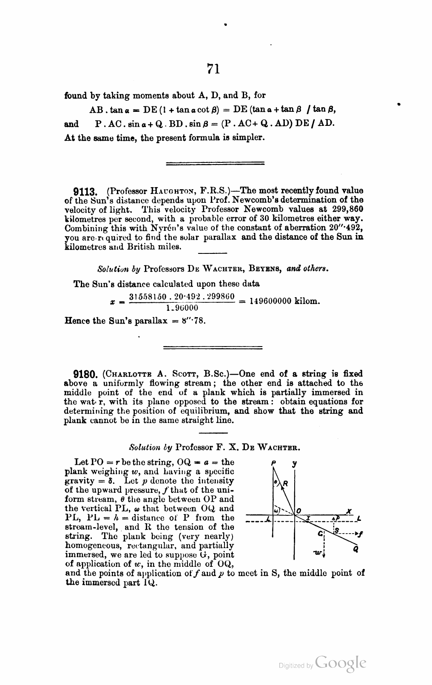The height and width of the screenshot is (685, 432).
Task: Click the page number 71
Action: click(x=213, y=68)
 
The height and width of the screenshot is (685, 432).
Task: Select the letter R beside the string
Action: click(x=285, y=483)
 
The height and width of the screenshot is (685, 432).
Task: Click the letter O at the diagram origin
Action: click(x=298, y=510)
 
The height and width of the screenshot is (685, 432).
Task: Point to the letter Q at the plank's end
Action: click(x=355, y=549)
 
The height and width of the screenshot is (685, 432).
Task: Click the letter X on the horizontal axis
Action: click(x=349, y=510)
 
